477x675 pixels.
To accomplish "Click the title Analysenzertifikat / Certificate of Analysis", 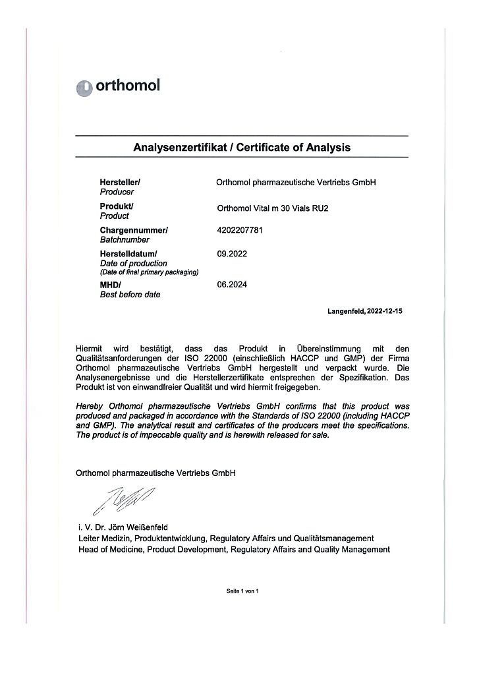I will pos(242,147).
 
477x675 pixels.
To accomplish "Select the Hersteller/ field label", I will pos(120,181).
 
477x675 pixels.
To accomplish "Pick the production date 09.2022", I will pos(231,253).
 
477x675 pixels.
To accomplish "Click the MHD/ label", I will pos(109,285).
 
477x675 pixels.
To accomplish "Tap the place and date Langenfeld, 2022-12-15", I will pos(364,310).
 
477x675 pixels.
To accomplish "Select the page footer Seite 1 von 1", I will pos(243,591).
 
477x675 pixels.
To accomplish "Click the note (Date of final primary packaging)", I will pos(149,272).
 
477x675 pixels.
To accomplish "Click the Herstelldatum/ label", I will pos(129,253).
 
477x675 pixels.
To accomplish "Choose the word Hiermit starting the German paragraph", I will pos(91,347).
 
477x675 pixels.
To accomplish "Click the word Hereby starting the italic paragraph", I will pos(90,407).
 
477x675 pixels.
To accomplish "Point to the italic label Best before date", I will pos(130,295).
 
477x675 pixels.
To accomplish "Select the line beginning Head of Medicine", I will pos(233,549).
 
